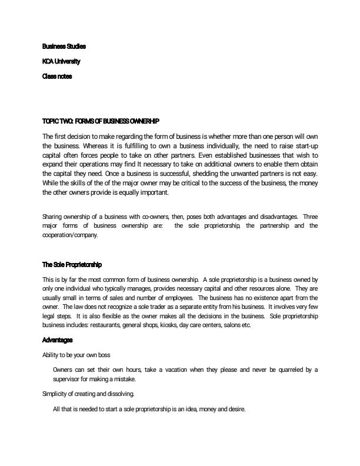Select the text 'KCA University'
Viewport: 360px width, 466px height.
61,61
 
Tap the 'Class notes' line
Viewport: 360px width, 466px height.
57,76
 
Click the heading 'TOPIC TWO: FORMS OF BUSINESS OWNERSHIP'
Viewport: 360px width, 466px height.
101,121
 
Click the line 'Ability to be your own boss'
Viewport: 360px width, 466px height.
76,355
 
